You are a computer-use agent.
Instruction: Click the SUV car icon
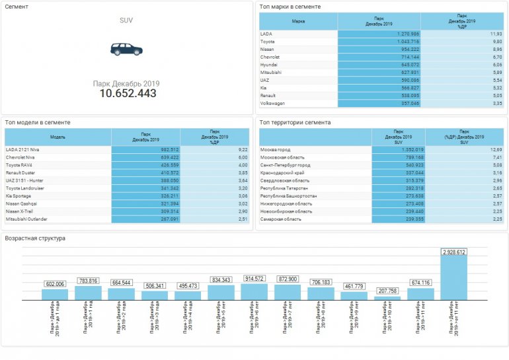click(x=126, y=49)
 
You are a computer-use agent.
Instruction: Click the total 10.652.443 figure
click(x=128, y=94)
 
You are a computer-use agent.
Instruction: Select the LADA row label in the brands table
click(x=266, y=33)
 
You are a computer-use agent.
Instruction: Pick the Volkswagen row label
click(x=272, y=103)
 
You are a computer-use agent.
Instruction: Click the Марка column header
click(x=298, y=20)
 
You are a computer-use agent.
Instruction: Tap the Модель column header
click(x=58, y=137)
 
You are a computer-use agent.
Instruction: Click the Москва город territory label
click(x=276, y=150)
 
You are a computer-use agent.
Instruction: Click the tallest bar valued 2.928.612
click(x=453, y=277)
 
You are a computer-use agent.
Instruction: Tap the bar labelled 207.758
click(x=387, y=297)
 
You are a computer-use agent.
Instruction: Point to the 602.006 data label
click(x=55, y=284)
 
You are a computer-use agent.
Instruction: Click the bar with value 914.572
click(x=253, y=291)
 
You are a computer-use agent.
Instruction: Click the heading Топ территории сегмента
click(x=295, y=122)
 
